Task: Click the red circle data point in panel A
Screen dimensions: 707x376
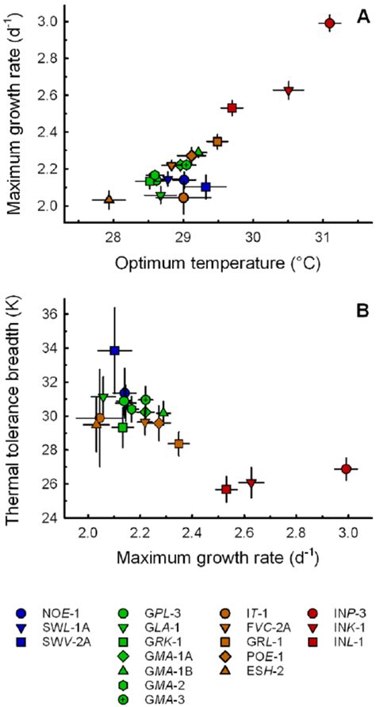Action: tap(329, 23)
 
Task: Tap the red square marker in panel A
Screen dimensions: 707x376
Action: tap(232, 107)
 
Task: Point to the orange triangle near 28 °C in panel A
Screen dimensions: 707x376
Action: tap(109, 199)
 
